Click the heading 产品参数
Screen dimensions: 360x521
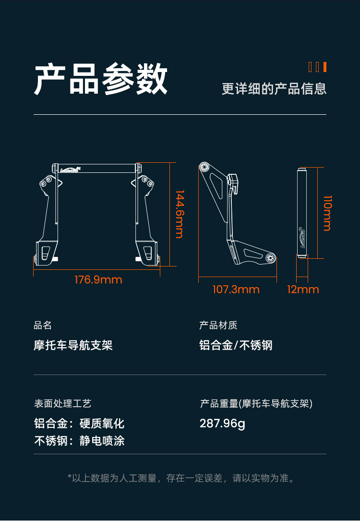click(x=101, y=79)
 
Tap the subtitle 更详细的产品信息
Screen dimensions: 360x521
click(x=274, y=89)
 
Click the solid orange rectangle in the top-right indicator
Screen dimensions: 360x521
click(x=325, y=67)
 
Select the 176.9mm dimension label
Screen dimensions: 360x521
click(x=98, y=280)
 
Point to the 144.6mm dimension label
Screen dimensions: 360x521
click(x=180, y=214)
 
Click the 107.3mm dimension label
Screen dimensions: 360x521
click(x=236, y=290)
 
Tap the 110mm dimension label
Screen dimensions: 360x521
click(x=327, y=213)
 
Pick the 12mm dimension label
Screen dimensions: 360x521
click(x=303, y=290)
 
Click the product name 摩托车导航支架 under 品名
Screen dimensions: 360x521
click(x=73, y=345)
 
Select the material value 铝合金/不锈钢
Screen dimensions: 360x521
click(x=236, y=345)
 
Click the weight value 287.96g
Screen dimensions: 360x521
click(x=222, y=424)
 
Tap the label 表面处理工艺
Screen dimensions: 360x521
click(x=62, y=404)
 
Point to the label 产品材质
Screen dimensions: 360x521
click(x=218, y=325)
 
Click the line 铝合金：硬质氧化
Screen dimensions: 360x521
click(x=79, y=424)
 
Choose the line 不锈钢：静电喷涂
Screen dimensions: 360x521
click(x=79, y=441)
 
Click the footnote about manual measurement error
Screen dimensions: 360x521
click(x=181, y=478)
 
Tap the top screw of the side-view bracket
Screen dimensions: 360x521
click(x=204, y=168)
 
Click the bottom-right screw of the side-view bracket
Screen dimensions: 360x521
click(x=271, y=257)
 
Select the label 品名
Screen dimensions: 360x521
click(x=43, y=325)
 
